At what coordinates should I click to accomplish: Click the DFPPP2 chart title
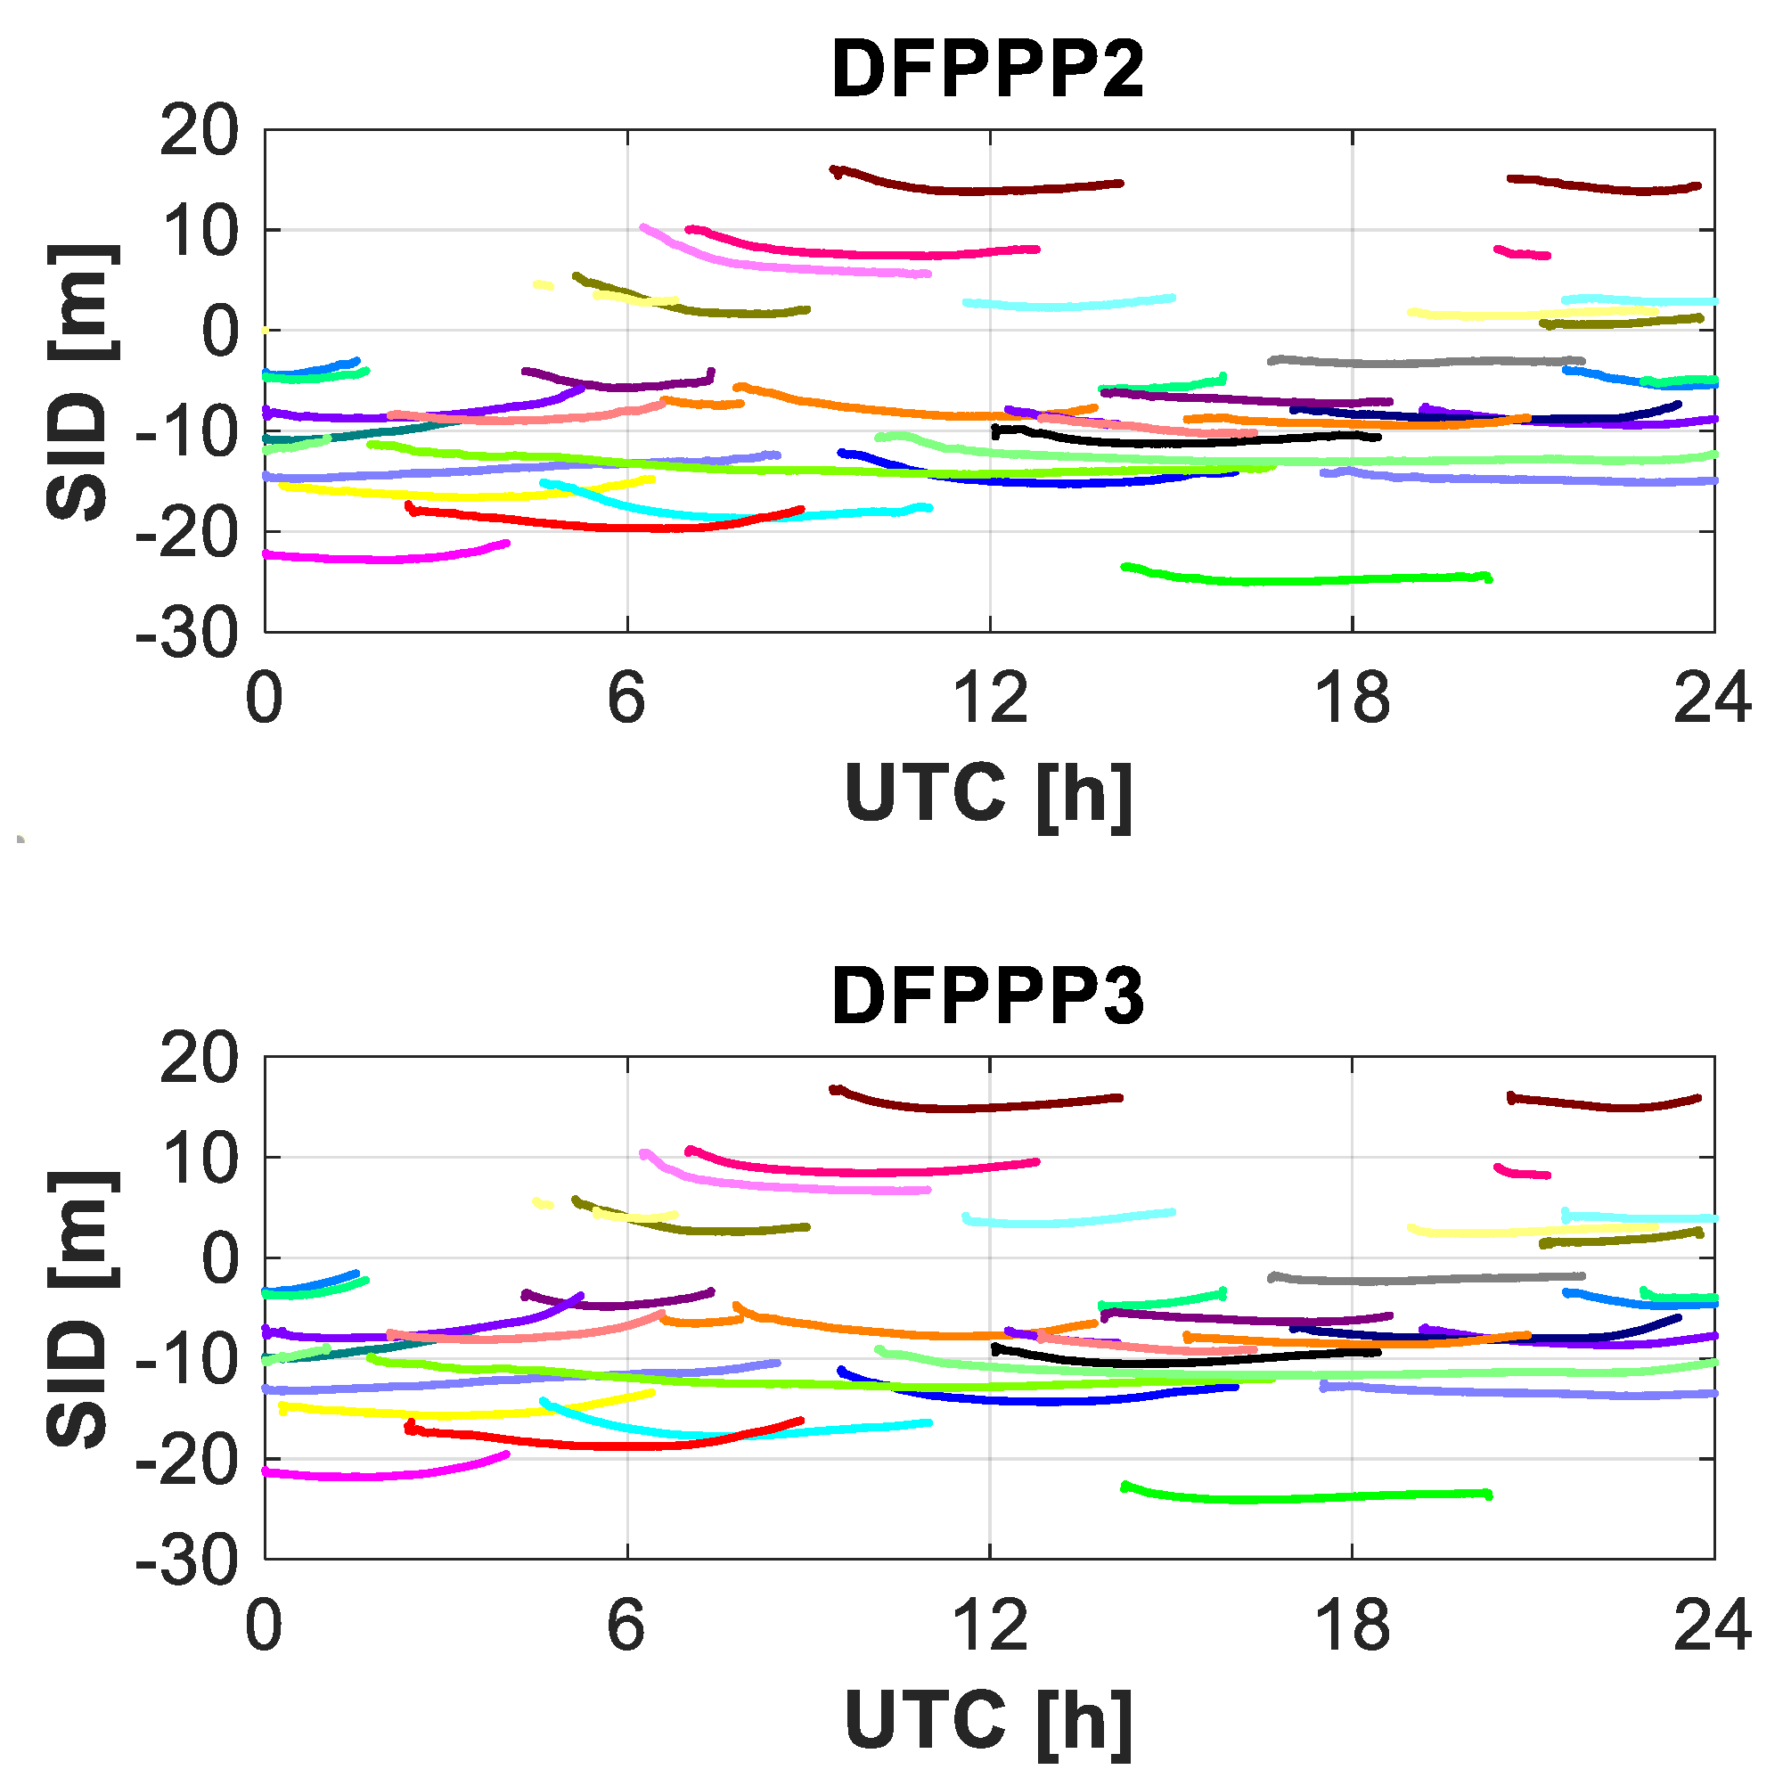988,70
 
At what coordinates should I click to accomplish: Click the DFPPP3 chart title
988,997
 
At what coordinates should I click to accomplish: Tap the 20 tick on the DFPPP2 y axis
199,131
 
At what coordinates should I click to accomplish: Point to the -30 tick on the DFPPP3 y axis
186,1563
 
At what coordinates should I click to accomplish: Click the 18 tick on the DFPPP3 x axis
1353,1627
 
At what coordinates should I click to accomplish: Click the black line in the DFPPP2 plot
1187,442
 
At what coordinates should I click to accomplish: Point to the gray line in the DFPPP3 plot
1427,1280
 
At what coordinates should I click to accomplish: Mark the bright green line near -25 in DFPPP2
1298,580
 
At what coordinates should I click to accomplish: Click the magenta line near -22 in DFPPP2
389,559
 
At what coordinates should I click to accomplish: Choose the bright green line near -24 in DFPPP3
1298,1498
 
